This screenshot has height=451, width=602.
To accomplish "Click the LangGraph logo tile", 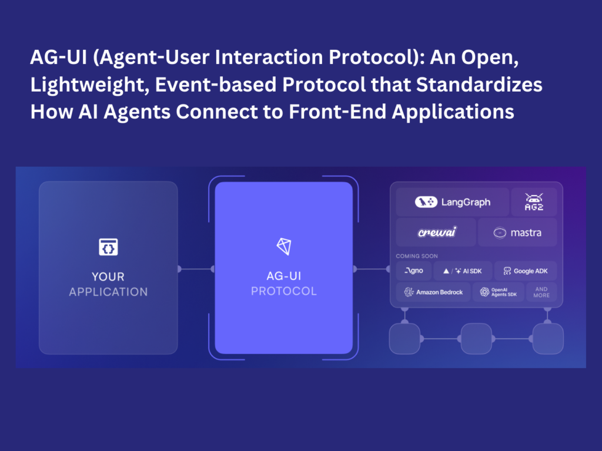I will pos(452,202).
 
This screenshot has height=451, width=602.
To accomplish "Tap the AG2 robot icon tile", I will pos(533,202).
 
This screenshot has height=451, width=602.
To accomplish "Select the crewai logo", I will pos(437,233).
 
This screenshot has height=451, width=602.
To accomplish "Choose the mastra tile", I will pos(517,233).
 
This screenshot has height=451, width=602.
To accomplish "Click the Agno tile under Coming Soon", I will pos(413,271).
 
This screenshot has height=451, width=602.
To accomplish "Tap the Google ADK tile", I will pos(525,271).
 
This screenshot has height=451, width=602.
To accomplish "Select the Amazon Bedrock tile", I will pos(433,292).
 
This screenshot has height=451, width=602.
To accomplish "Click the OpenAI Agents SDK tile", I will pos(498,292).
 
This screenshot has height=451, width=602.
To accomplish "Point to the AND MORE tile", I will pos(541,292).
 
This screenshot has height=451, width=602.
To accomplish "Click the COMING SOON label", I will pos(417,256).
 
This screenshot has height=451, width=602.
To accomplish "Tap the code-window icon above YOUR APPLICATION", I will pos(108,247).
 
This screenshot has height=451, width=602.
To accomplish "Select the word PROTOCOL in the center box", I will pos(283,291).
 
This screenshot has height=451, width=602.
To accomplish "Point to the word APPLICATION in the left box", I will pos(108,292).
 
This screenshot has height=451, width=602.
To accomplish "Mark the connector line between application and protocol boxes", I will pos(196,269).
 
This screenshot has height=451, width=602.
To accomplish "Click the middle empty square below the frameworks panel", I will pos(476,339).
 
